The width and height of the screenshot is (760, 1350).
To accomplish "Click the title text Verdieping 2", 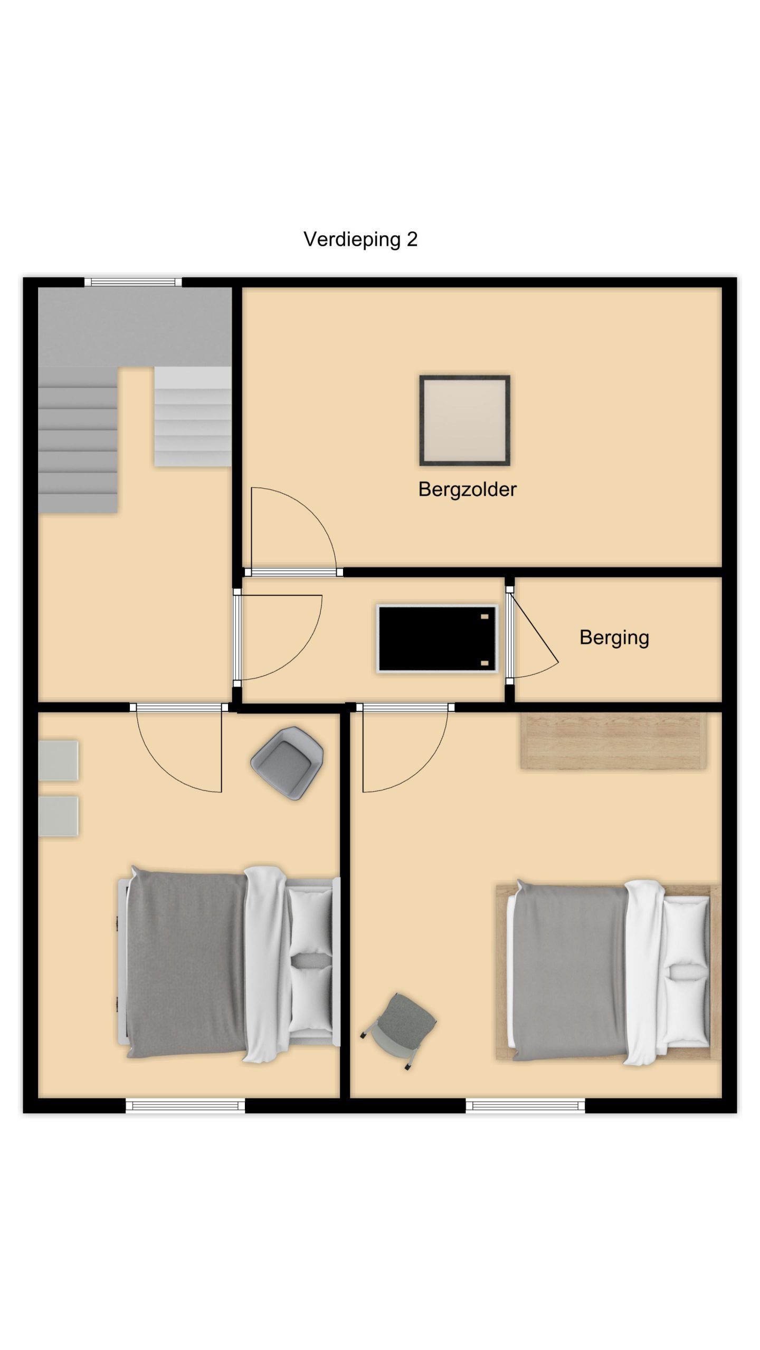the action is [360, 239].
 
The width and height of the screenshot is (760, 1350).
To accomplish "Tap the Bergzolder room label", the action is [467, 489].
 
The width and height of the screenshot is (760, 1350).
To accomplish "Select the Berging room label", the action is [614, 638].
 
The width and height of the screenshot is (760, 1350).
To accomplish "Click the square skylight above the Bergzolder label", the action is [464, 420].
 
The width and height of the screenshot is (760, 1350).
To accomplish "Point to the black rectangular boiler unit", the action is [438, 639].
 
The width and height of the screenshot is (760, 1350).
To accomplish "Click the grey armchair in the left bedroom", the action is [287, 763].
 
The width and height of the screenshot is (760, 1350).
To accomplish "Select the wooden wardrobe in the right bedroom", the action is [613, 740].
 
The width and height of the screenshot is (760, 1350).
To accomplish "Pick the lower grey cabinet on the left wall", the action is [59, 816].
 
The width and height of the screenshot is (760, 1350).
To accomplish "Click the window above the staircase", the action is [134, 282].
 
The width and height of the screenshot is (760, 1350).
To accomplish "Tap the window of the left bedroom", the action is [185, 1105].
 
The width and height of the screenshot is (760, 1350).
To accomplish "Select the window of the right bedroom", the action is [525, 1105].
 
